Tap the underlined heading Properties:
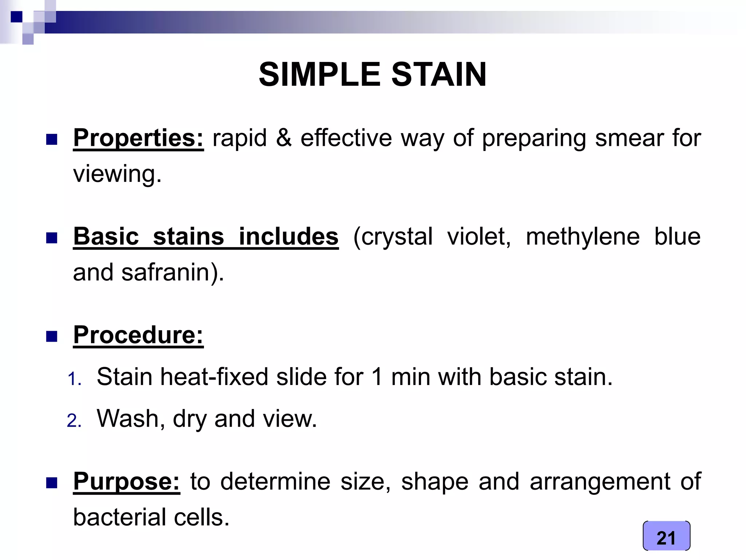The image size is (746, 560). coord(138,138)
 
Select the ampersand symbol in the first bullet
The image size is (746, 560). coord(284,138)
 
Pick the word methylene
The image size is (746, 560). coord(582,237)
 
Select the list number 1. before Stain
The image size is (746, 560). coord(74,379)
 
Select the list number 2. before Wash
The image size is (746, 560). coord(74,421)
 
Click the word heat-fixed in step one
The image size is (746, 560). coord(214,377)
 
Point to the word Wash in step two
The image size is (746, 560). coord(128,419)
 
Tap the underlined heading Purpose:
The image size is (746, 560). coord(126,482)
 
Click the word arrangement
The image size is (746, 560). coord(600,482)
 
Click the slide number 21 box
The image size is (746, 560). coord(666,536)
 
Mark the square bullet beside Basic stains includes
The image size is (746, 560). coord(52,238)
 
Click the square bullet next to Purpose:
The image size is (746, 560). coord(52,483)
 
